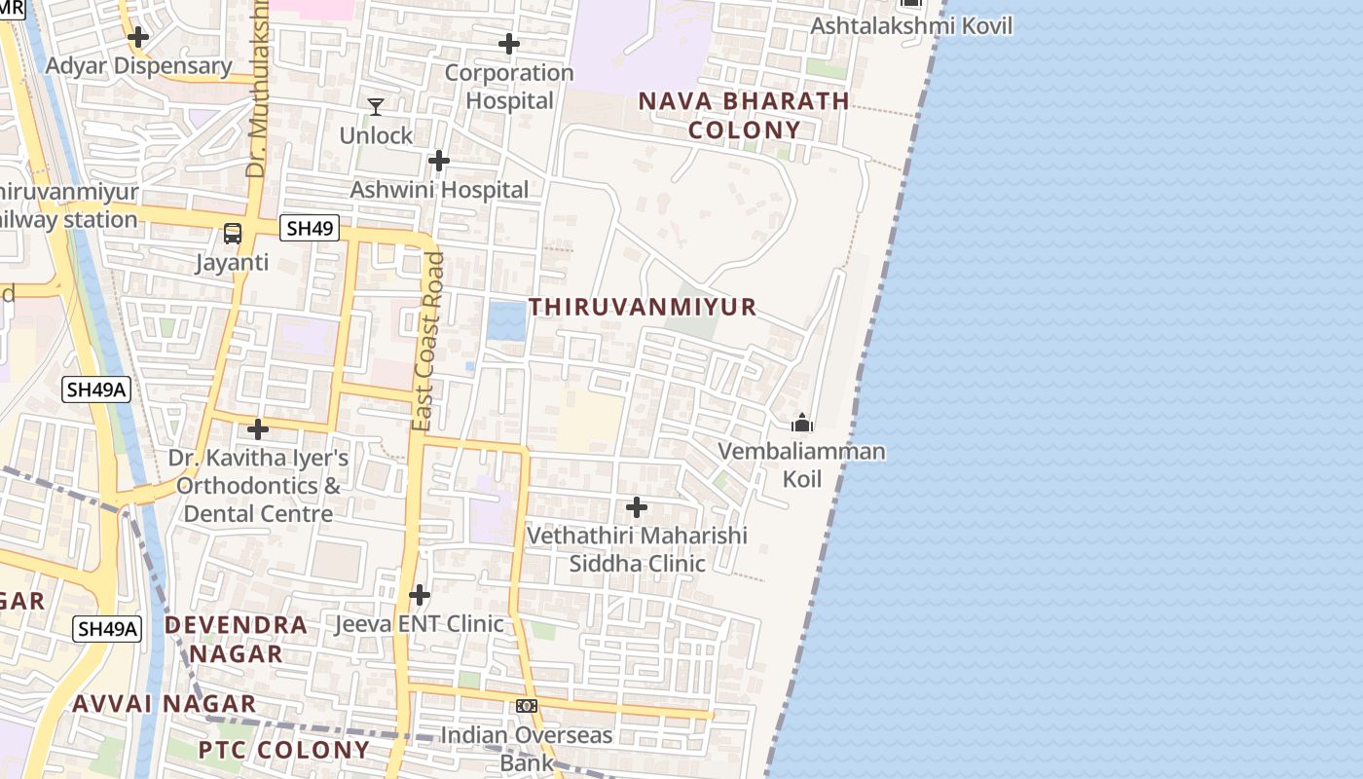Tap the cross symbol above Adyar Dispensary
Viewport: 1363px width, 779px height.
[x=138, y=37]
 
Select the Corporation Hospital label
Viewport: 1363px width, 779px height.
[x=509, y=87]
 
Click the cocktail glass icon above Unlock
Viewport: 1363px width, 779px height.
[x=376, y=106]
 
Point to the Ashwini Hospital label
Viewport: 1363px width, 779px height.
[x=439, y=190]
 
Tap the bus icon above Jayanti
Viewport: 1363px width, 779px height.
[x=233, y=234]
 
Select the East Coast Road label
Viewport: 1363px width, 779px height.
[x=427, y=342]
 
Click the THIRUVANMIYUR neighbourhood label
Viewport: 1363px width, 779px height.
[x=643, y=308]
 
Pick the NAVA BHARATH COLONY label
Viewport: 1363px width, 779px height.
[x=744, y=116]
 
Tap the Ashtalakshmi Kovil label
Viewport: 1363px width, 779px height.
[x=911, y=26]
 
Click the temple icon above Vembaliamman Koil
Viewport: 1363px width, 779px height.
[x=802, y=423]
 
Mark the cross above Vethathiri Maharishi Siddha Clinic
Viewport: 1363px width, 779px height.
[x=637, y=507]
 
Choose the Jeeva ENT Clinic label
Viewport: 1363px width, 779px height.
[x=420, y=624]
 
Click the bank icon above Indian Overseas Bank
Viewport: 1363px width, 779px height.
[x=527, y=706]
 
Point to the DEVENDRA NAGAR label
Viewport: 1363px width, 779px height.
[x=236, y=639]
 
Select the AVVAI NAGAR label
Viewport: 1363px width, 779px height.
[x=165, y=703]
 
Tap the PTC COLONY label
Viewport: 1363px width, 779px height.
[x=283, y=750]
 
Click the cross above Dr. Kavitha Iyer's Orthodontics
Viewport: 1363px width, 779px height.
[x=258, y=428]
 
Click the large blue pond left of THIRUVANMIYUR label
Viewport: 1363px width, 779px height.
[x=506, y=320]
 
